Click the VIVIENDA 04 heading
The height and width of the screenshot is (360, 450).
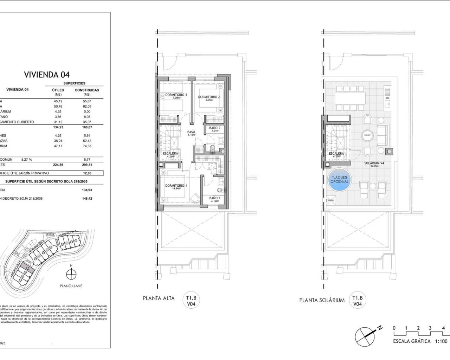(46, 75)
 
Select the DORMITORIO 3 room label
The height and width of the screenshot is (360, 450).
(176, 95)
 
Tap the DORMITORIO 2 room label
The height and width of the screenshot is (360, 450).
(209, 97)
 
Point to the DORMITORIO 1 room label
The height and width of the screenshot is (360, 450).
(176, 186)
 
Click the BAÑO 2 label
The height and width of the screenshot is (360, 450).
(214, 128)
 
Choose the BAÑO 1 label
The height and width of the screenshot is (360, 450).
(214, 198)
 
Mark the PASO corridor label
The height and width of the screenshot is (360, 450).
(191, 133)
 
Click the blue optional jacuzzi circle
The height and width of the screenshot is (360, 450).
(339, 180)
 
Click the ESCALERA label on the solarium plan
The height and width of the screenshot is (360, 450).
(336, 154)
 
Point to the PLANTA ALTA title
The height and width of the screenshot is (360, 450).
(159, 298)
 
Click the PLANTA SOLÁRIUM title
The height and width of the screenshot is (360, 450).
(322, 300)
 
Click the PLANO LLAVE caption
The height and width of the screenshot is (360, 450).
(71, 286)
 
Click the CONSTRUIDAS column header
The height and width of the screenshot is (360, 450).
(87, 90)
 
